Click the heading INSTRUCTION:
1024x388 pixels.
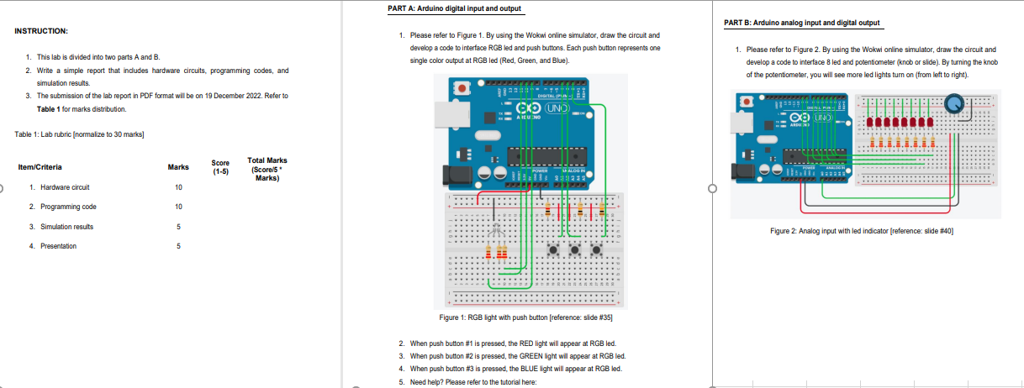click(x=41, y=31)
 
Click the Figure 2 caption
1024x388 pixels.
click(x=864, y=230)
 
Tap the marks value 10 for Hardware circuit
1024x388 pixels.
click(x=178, y=187)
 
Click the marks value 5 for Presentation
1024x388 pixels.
click(x=178, y=246)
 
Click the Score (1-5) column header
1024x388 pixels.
click(x=220, y=166)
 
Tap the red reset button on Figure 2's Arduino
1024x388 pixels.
click(x=746, y=101)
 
